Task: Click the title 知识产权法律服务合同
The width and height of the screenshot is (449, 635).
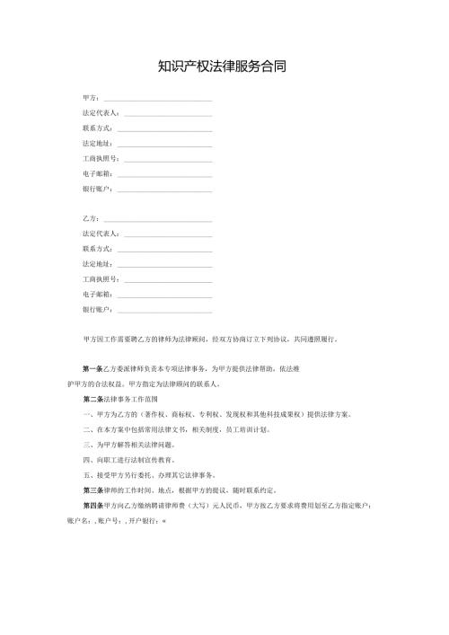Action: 222,66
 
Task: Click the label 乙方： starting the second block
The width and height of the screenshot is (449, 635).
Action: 92,218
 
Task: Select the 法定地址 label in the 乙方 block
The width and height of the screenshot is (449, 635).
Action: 97,264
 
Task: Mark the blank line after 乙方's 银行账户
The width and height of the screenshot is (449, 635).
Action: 165,310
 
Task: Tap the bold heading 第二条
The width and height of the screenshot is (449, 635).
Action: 92,399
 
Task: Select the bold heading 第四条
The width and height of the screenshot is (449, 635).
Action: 92,505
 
